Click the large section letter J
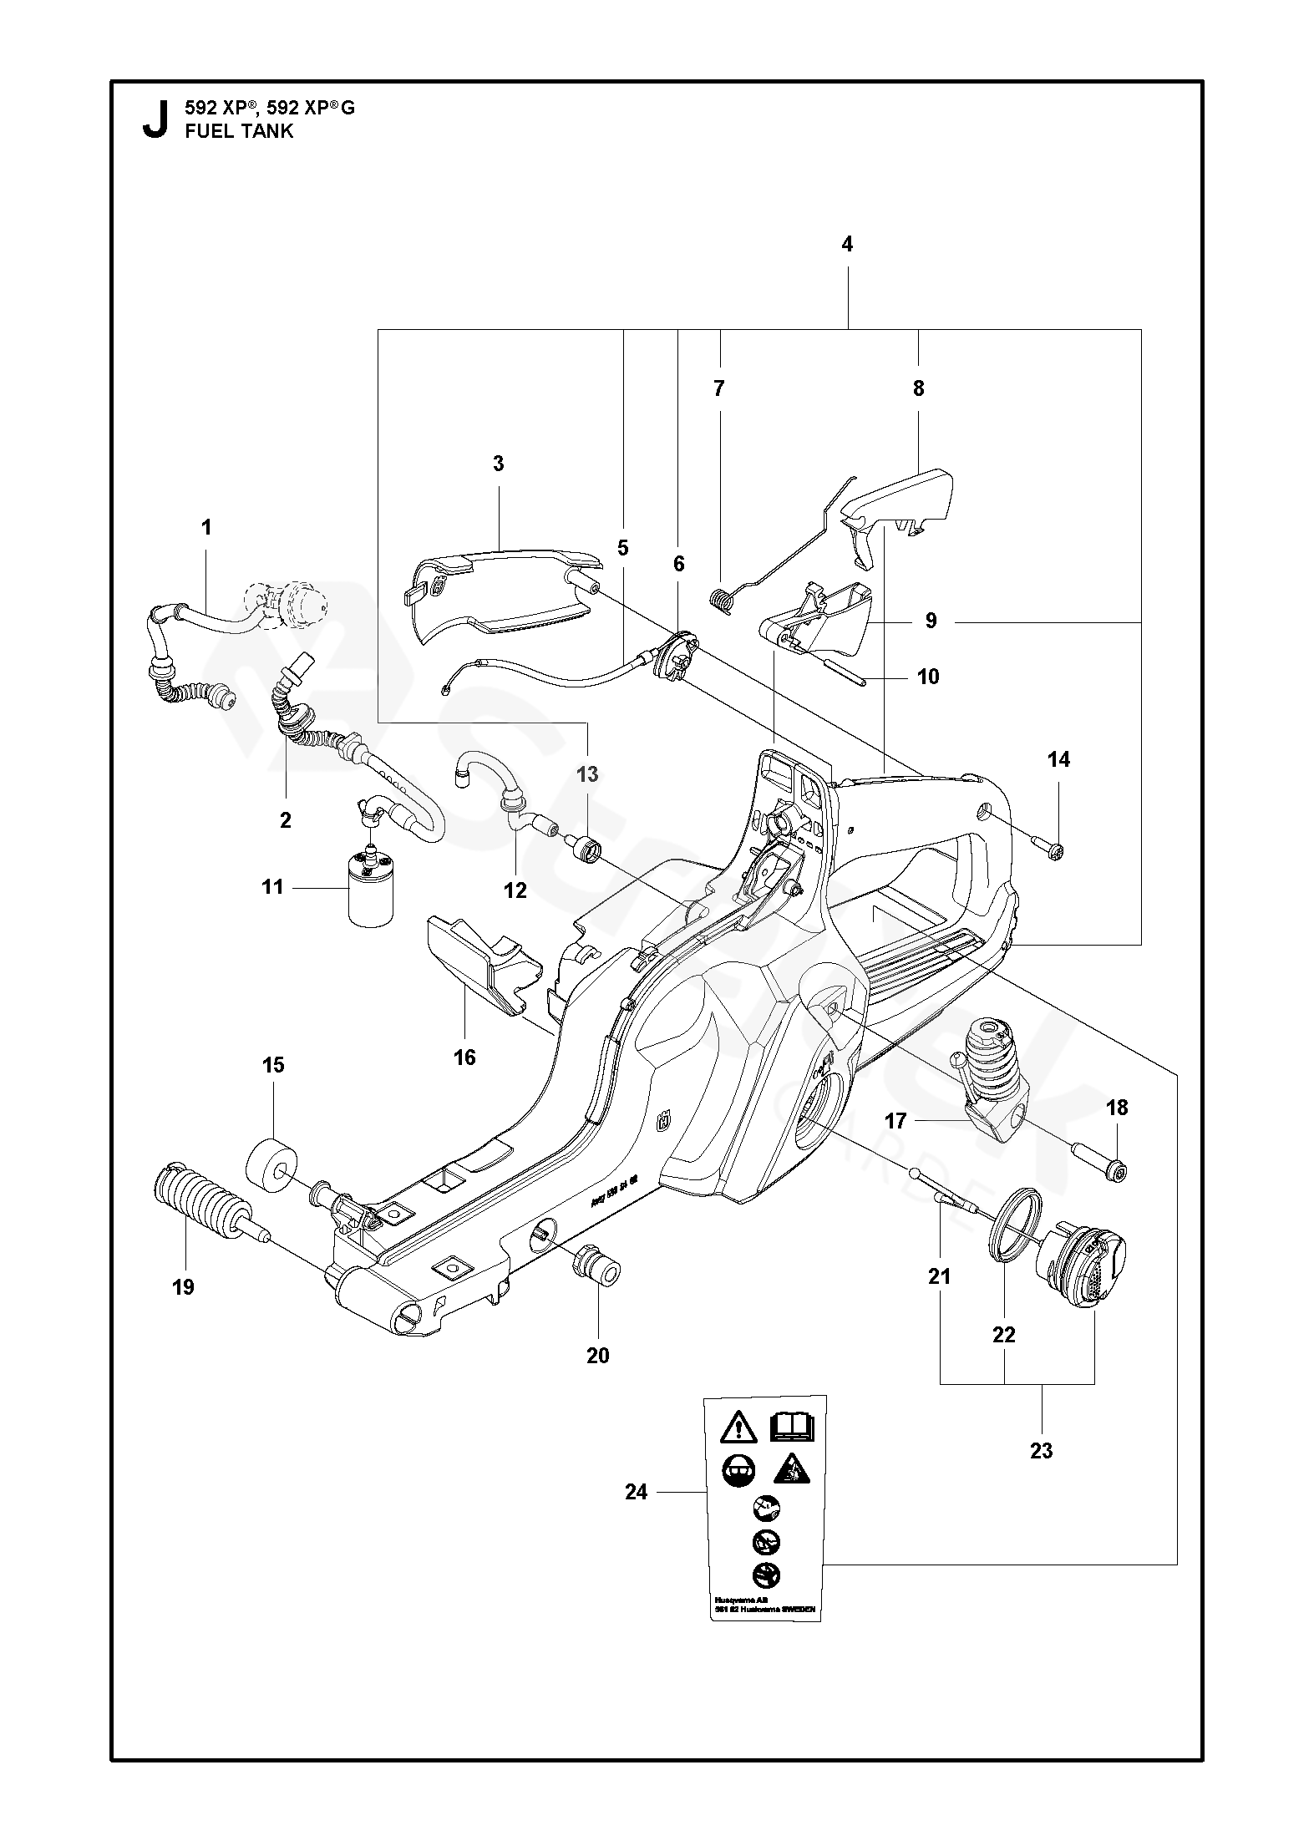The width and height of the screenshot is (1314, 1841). [153, 119]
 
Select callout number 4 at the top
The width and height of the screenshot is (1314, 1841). [847, 244]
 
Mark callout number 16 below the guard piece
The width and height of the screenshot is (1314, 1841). [464, 1057]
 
